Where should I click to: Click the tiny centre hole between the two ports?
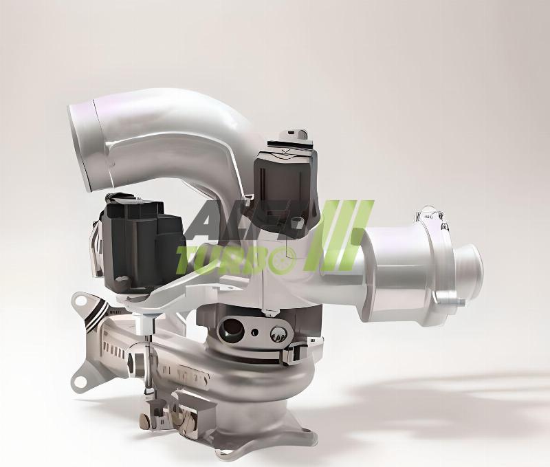click(255, 332)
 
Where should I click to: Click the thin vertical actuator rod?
click(147, 358)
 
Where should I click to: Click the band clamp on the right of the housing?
click(296, 352)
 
